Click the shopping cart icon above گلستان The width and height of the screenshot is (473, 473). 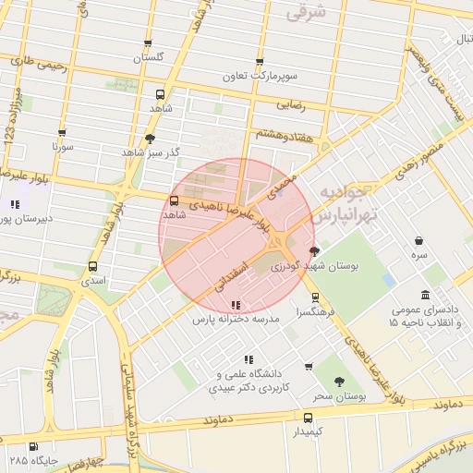148,43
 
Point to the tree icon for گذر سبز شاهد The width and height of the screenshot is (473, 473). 150,138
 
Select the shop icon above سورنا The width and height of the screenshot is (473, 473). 62,133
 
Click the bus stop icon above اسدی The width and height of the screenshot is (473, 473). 91,266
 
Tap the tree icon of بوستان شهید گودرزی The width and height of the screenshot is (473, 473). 315,250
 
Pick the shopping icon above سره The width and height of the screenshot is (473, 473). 420,239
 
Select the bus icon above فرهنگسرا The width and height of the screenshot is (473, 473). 316,297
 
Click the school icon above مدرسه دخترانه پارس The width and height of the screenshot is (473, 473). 236,304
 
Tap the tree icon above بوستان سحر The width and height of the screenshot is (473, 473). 339,381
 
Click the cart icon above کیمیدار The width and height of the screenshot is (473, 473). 308,417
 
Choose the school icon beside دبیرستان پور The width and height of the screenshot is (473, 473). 14,204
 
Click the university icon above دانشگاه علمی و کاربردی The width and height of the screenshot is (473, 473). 247,358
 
